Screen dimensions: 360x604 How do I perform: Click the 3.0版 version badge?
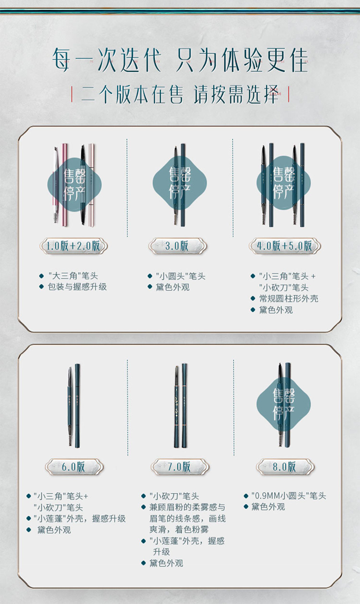click(177, 246)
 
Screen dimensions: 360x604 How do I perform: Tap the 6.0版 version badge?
click(74, 467)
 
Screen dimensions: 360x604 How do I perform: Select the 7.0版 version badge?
click(180, 467)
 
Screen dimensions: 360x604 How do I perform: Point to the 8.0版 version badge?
click(285, 467)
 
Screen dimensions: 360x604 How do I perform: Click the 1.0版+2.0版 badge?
click(74, 246)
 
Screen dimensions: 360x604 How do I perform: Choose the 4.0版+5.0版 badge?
click(285, 246)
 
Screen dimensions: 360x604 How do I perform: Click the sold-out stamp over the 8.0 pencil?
click(283, 404)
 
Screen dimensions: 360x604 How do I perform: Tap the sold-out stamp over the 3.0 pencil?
click(180, 183)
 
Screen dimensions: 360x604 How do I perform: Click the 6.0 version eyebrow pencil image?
click(74, 406)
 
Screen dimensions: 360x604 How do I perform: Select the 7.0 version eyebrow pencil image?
click(180, 406)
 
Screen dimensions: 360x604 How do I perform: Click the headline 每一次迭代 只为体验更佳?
click(180, 60)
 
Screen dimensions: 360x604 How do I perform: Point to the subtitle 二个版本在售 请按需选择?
click(180, 95)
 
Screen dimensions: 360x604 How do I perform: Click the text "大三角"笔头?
click(73, 276)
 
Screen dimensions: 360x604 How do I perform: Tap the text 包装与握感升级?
click(77, 287)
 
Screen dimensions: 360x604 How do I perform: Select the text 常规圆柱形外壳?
click(288, 298)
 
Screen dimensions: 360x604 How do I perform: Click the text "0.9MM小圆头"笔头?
click(288, 496)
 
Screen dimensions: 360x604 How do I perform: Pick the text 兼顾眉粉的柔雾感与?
click(187, 507)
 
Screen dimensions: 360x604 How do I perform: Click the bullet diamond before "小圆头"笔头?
click(150, 276)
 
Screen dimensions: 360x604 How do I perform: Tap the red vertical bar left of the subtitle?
click(72, 94)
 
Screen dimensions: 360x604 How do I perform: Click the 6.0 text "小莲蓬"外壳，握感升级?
click(80, 518)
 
